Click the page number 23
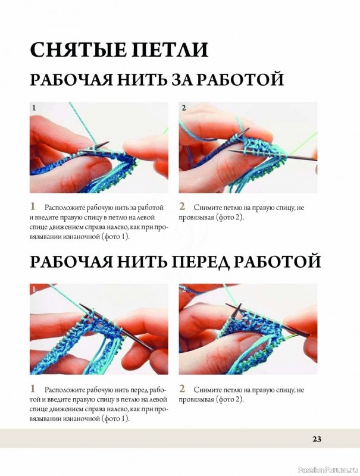click(x=317, y=439)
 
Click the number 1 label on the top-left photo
click(x=34, y=108)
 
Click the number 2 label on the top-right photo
click(x=183, y=108)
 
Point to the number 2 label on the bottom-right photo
click(x=183, y=289)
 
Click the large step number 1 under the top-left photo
click(x=33, y=206)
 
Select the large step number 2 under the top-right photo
click(x=182, y=206)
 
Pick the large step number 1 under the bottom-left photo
click(x=33, y=389)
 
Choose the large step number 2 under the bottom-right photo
click(x=182, y=389)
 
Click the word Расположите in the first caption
click(x=65, y=208)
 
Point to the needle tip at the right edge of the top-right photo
click(x=317, y=160)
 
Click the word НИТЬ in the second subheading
click(x=144, y=262)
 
